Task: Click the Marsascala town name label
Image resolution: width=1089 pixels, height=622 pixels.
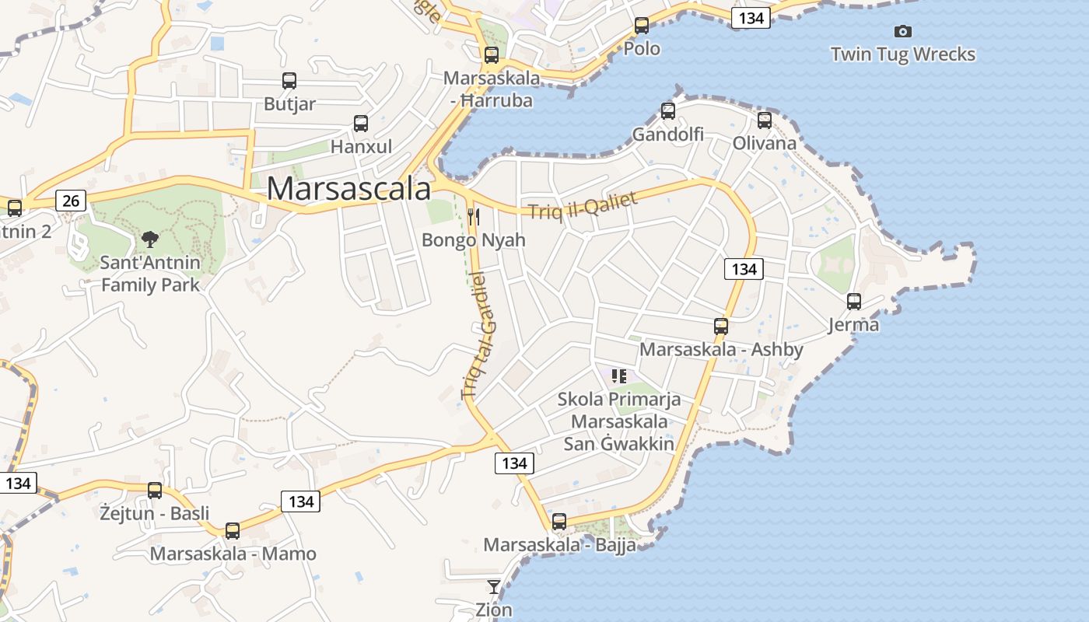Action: coord(348,189)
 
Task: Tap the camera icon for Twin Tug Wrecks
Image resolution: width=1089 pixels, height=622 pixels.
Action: coord(902,32)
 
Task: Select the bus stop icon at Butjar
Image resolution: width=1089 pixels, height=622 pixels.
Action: coord(289,81)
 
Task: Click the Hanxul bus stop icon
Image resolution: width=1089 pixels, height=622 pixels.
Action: coord(361,123)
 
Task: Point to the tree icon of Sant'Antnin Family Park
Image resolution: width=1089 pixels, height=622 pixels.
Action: coord(150,239)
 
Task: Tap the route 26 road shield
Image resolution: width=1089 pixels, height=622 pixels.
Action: coord(71,201)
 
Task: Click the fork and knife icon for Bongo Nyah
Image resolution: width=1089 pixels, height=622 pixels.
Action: coord(474,216)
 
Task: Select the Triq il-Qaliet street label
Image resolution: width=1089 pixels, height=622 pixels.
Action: coord(583,205)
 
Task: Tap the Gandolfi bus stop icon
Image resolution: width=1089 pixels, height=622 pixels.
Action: coord(667,111)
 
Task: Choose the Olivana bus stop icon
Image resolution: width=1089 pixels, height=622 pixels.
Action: coord(765,121)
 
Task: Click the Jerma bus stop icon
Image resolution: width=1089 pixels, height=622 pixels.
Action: coord(854,302)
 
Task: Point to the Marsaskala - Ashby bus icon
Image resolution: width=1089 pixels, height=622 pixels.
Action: coord(721,327)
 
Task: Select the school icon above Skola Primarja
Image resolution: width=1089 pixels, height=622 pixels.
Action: coord(619,377)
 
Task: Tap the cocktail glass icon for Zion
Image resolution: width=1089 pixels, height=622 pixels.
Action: coord(494,586)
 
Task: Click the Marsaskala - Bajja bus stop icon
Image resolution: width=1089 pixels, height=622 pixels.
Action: coord(559,522)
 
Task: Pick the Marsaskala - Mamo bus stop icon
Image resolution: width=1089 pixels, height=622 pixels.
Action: coord(233,531)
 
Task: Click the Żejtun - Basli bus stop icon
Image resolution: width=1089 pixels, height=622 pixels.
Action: coord(155,491)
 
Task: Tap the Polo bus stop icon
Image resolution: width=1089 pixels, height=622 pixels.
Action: coord(642,26)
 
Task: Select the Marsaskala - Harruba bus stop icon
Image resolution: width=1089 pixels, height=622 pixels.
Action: coord(491,55)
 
